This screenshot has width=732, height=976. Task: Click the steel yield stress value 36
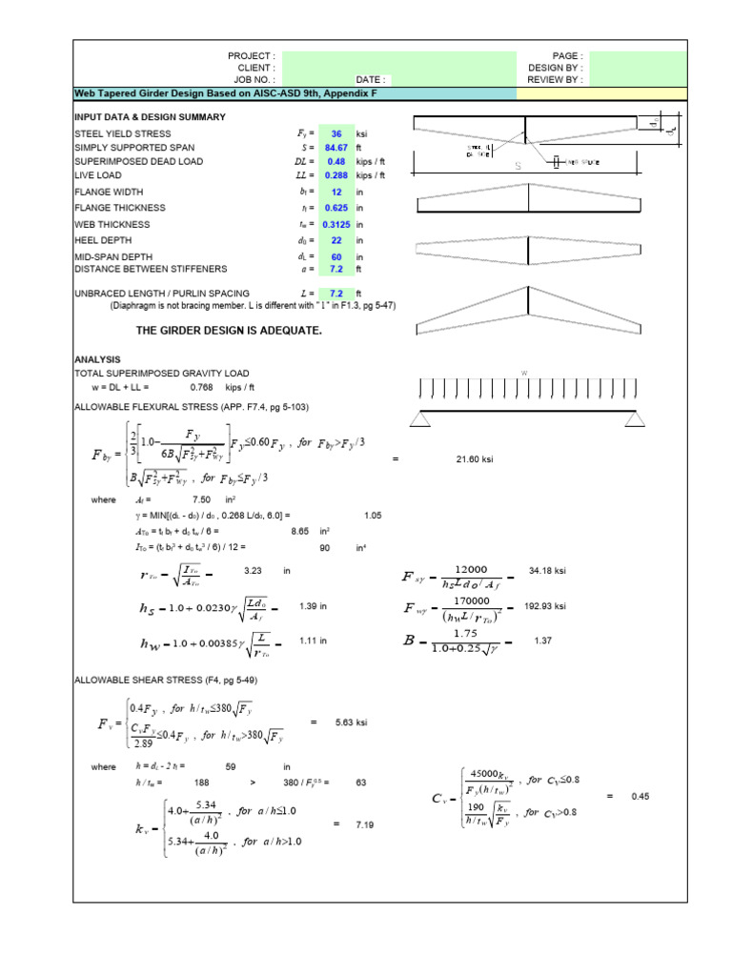coord(335,134)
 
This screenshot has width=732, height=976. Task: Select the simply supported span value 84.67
coord(335,149)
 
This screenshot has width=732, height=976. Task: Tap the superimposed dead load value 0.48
coord(335,162)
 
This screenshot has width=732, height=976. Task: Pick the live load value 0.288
coord(335,176)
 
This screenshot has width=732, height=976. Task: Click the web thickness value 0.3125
coord(335,224)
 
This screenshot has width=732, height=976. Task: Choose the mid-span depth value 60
coord(335,256)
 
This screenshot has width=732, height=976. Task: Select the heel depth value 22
coord(335,241)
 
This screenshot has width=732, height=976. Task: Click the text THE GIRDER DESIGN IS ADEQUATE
coord(229,330)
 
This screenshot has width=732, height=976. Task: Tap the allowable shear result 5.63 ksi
coord(352,723)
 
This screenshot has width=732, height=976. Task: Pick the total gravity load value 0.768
coord(201,388)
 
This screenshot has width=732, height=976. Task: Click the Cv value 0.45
coord(640,796)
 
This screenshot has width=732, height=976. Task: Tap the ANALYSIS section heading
coord(97,359)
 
